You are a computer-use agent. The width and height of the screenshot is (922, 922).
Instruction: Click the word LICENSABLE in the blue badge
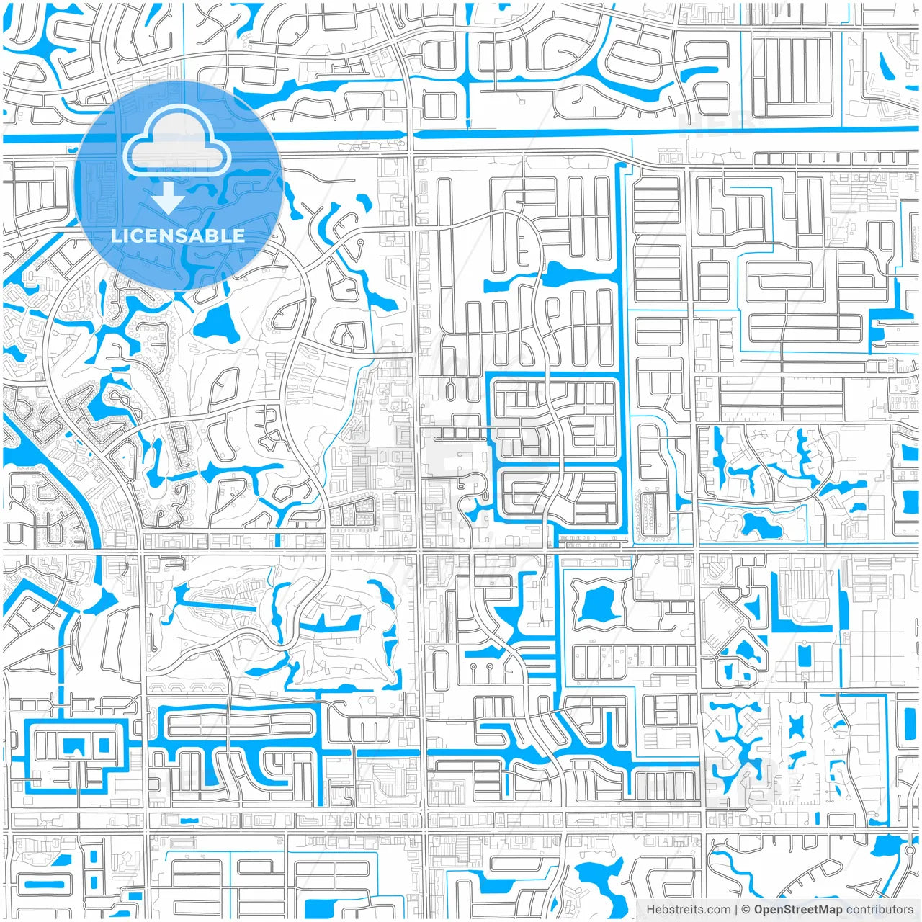click(178, 236)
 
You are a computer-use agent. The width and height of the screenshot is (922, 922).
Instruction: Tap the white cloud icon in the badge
click(177, 144)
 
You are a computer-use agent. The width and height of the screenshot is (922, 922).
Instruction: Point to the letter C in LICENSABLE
click(137, 236)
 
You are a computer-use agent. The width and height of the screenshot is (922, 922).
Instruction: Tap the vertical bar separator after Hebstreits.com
click(736, 910)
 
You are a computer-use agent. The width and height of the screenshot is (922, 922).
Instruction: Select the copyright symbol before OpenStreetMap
click(746, 910)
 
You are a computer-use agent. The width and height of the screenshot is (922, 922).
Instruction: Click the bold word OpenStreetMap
click(797, 910)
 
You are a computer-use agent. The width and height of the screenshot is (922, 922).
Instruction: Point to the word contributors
click(879, 910)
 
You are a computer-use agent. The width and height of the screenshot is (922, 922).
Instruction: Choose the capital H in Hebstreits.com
click(650, 910)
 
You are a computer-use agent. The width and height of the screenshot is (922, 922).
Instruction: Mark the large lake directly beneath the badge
click(215, 323)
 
